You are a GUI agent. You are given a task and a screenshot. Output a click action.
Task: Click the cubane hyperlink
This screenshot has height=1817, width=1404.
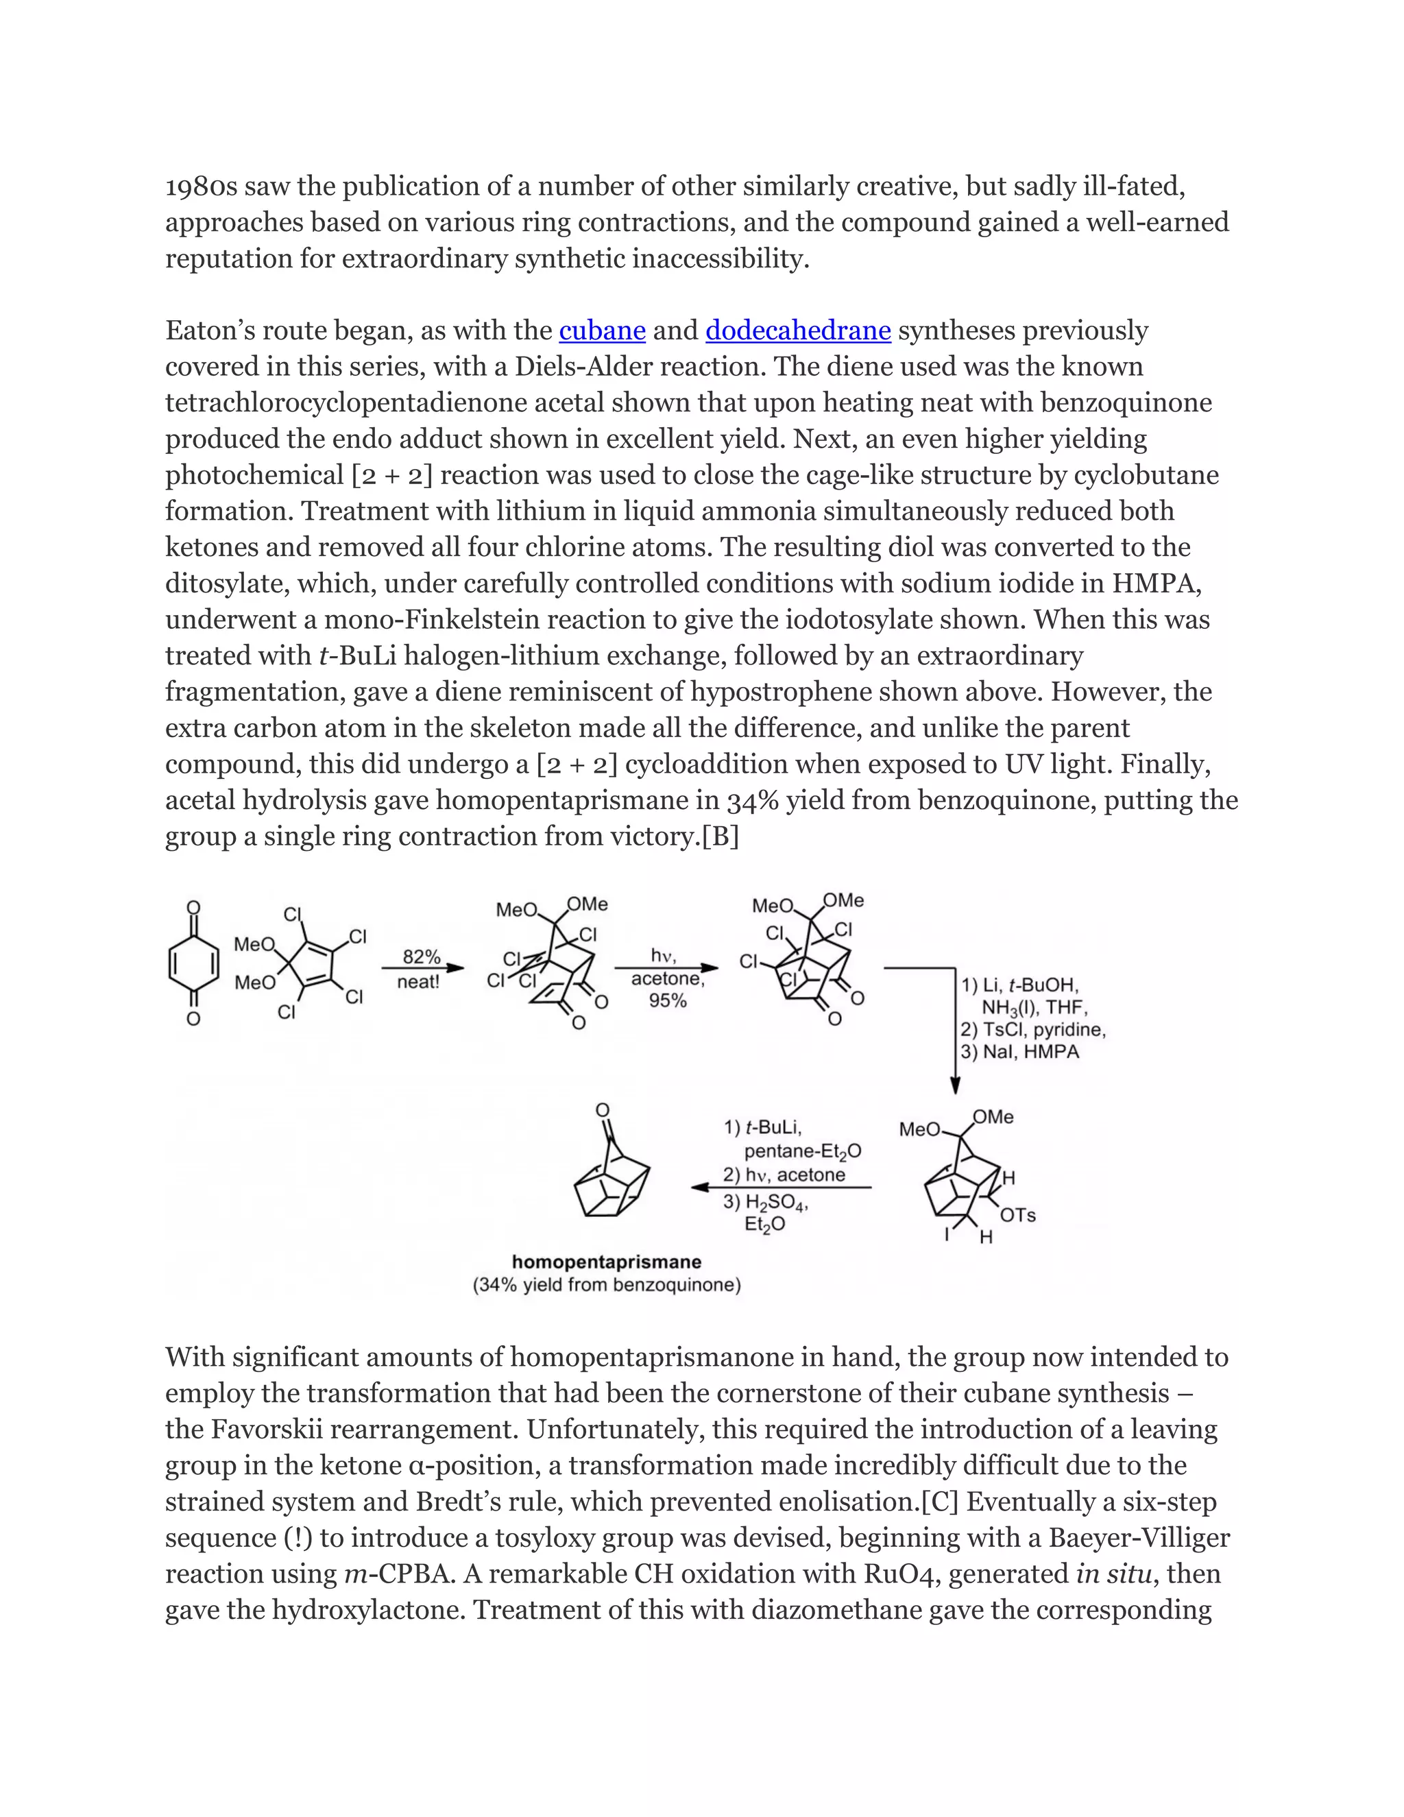point(602,331)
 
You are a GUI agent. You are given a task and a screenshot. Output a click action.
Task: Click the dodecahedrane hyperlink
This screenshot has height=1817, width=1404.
point(798,331)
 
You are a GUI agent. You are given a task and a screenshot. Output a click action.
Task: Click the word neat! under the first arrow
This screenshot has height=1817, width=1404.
point(418,982)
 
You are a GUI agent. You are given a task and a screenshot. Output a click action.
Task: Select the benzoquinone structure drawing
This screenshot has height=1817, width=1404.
point(193,963)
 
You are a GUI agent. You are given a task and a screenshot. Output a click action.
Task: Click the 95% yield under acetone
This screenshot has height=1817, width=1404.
point(667,1001)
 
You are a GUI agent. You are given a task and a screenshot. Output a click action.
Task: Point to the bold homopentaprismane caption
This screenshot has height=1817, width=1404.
point(606,1262)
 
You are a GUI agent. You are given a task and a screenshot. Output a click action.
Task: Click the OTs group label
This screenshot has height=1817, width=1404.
point(1018,1216)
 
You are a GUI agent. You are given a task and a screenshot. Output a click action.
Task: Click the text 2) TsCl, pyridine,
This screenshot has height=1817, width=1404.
point(1033,1029)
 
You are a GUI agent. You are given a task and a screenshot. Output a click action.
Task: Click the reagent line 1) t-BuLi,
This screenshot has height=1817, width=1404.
point(763,1127)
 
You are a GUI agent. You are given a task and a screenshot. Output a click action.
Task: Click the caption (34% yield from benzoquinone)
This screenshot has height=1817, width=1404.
point(606,1286)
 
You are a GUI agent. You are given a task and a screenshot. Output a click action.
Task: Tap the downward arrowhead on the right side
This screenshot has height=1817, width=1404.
point(955,1085)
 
